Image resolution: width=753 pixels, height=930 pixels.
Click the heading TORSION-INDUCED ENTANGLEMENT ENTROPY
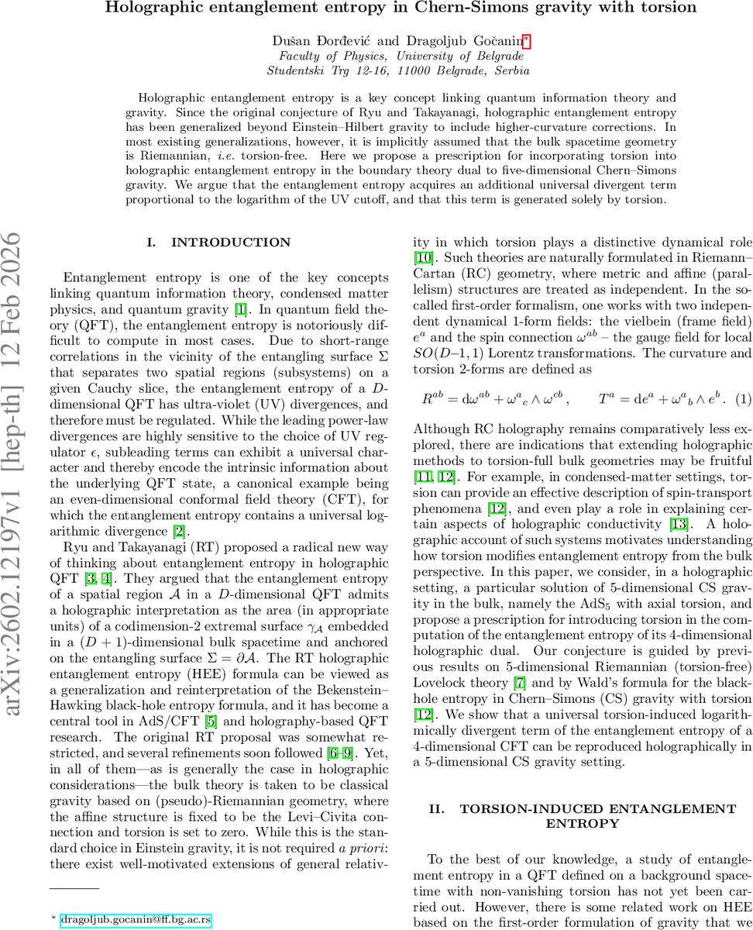pyautogui.click(x=582, y=815)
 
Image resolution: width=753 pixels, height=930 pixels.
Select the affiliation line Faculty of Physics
pyautogui.click(x=400, y=56)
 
